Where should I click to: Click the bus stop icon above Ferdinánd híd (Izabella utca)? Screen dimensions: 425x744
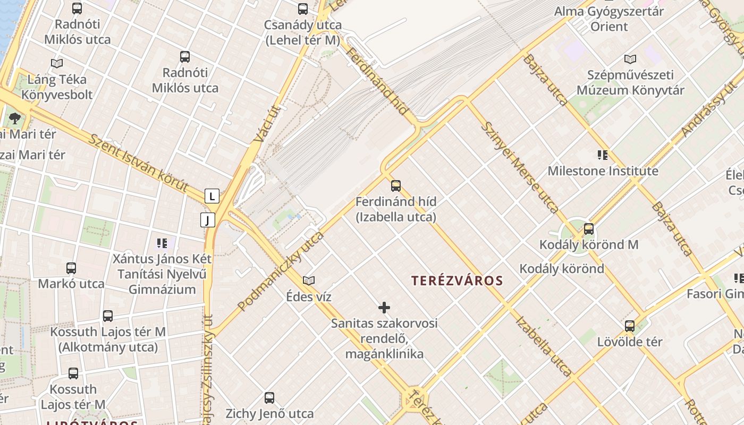(x=396, y=185)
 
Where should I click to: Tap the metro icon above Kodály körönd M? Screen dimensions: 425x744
(x=589, y=229)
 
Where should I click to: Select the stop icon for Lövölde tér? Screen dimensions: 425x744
(x=630, y=326)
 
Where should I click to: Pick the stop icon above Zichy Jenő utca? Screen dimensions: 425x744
(x=269, y=397)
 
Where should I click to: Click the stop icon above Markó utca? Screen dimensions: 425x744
(x=71, y=268)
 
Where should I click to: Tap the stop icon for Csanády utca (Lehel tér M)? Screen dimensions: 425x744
(x=303, y=8)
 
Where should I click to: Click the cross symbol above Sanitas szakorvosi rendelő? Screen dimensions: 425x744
(x=384, y=307)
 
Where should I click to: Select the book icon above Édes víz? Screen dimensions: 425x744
(x=309, y=280)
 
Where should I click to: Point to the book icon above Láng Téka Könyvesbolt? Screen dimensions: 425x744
(x=57, y=63)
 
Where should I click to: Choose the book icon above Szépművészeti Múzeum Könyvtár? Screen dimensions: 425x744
(x=630, y=59)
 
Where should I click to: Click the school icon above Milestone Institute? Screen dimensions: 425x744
(x=603, y=155)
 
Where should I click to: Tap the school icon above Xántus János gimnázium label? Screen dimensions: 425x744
(x=162, y=243)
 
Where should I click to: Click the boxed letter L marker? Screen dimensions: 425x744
(x=212, y=196)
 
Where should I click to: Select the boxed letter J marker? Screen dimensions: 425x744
(x=208, y=219)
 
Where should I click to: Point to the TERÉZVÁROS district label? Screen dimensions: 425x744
(x=457, y=281)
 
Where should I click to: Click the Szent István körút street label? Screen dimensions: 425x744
(x=138, y=163)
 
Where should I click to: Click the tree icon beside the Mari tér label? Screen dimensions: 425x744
(x=15, y=118)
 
